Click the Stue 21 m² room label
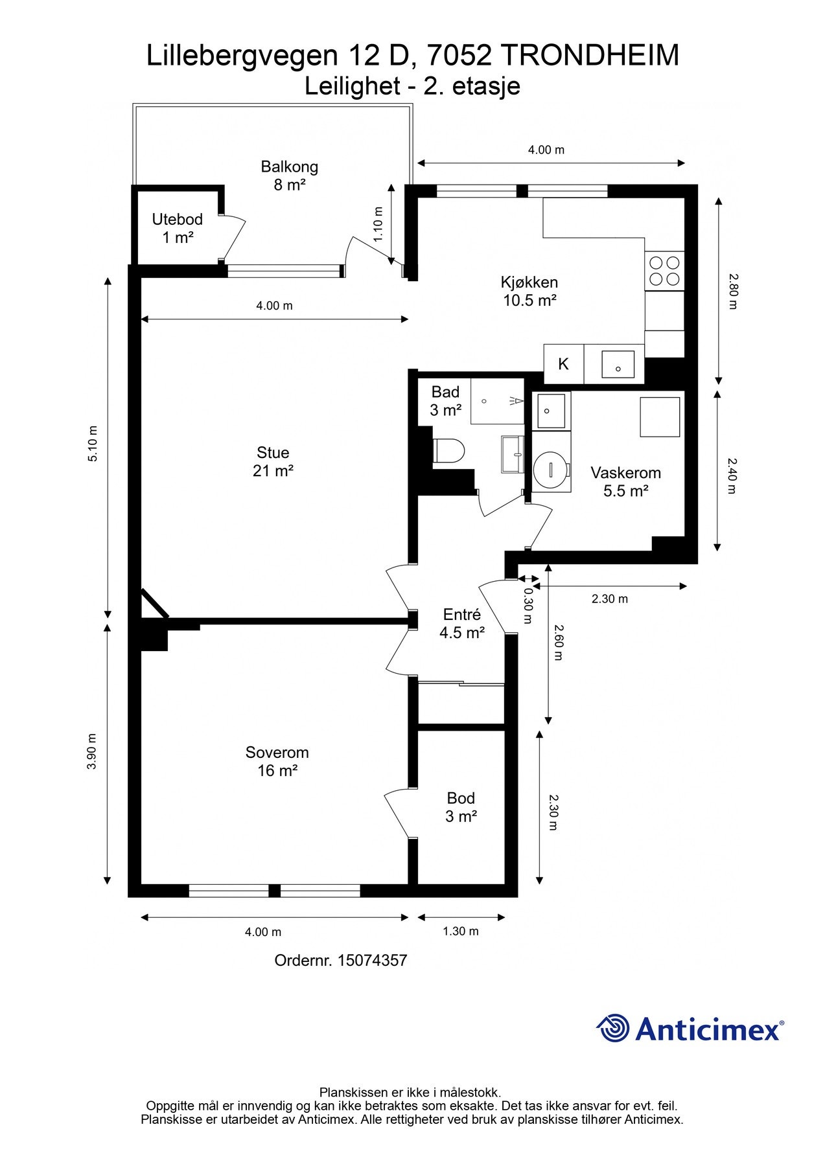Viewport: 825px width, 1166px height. coord(273,462)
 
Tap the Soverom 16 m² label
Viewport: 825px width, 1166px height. coord(277,761)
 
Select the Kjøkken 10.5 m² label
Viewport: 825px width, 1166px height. coord(529,291)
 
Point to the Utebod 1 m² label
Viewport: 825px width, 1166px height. coord(177,228)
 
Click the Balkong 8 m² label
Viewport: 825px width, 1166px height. coord(289,176)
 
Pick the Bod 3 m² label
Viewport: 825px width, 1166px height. coord(461,807)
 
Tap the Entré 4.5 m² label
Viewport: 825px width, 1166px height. coord(461,624)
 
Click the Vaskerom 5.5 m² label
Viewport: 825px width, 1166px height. coord(625,482)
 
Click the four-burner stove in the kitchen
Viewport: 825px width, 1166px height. coord(665,271)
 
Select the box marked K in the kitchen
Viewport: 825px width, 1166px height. coord(563,364)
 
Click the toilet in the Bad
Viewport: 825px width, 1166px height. coord(448,451)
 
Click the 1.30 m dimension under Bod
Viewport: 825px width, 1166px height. coord(461,932)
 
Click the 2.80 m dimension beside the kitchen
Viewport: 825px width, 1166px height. coord(732,291)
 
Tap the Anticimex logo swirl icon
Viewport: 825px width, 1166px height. coord(613,1028)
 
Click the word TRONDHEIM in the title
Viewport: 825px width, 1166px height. coord(590,56)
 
